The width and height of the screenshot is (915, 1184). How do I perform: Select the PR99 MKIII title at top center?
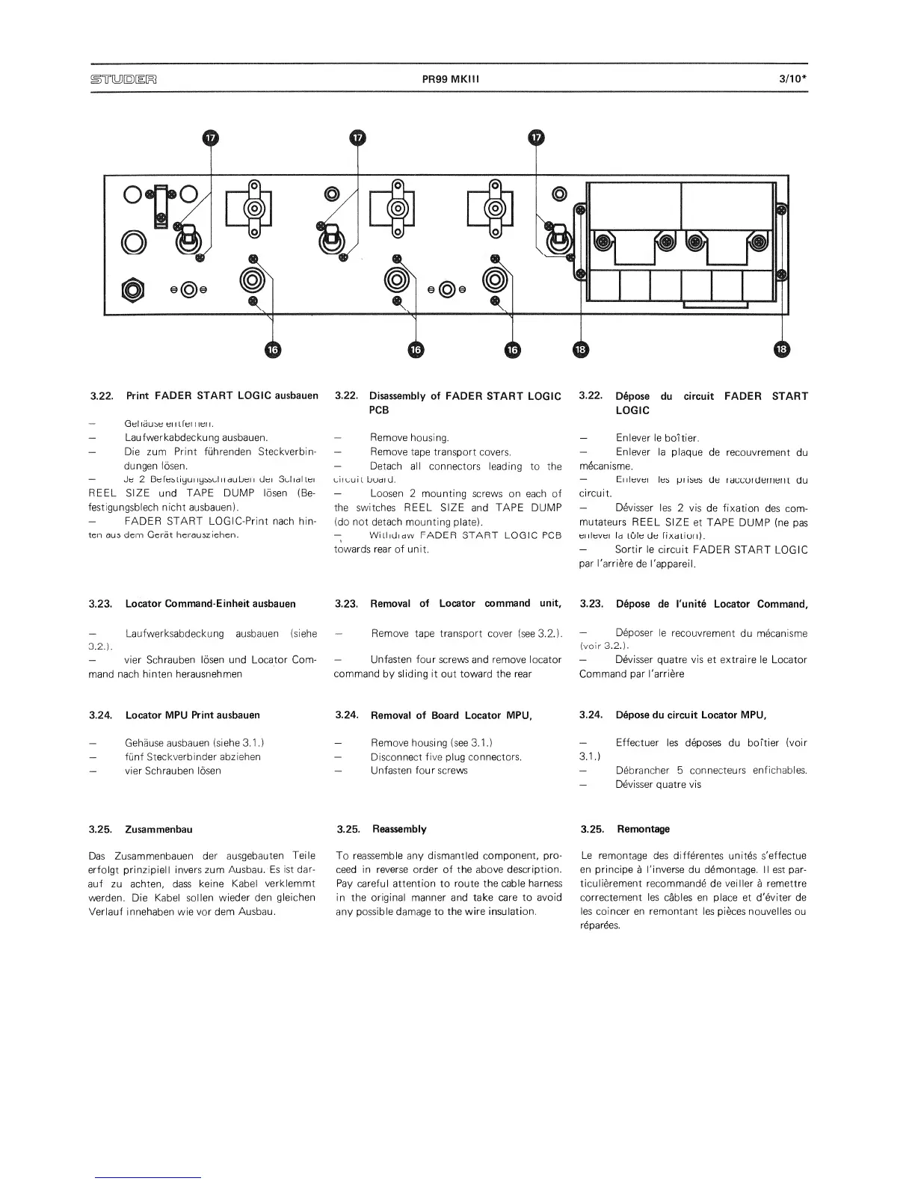(x=449, y=78)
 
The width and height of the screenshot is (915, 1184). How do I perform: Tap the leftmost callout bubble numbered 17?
(x=212, y=138)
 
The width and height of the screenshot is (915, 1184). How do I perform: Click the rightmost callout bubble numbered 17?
(x=537, y=138)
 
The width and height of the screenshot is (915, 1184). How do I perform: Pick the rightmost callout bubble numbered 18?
(x=782, y=349)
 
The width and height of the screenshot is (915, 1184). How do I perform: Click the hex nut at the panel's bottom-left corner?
(x=134, y=289)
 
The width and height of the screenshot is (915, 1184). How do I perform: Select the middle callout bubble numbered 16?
(x=416, y=349)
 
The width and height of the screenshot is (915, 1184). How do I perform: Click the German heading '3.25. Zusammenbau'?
(x=141, y=829)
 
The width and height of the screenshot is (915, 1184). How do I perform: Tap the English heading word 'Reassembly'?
(x=399, y=829)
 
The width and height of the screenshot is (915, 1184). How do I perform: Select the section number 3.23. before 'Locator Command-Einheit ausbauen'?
(x=100, y=603)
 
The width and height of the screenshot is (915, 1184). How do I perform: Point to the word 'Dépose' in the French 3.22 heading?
(x=632, y=396)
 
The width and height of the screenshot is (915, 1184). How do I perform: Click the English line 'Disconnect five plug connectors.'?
(x=446, y=756)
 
